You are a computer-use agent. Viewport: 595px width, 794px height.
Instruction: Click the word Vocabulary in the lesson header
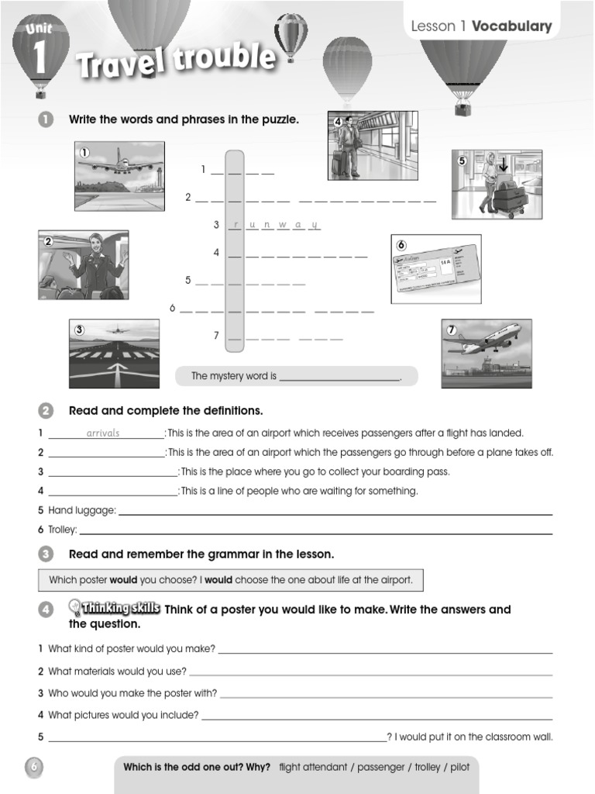511,26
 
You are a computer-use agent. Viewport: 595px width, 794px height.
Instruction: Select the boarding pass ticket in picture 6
435,270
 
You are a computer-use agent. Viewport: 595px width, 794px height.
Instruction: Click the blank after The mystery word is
339,377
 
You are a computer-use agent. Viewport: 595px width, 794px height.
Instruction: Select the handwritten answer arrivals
103,433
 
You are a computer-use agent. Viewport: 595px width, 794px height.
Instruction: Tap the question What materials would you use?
117,671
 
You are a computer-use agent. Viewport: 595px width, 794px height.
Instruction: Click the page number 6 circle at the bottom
34,767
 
